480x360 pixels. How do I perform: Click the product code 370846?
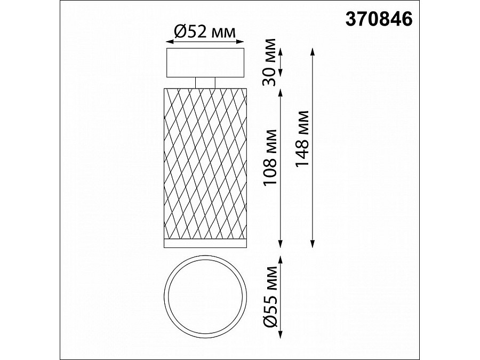coord(380,19)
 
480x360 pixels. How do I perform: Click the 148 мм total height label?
coord(301,140)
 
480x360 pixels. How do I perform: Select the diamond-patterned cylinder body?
coord(205,163)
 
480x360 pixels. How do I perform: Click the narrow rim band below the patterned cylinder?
coord(205,244)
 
